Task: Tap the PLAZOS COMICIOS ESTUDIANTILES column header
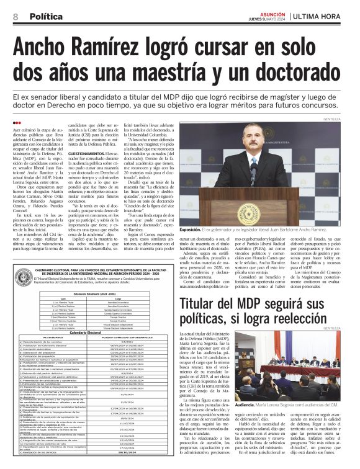[x=132, y=337]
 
